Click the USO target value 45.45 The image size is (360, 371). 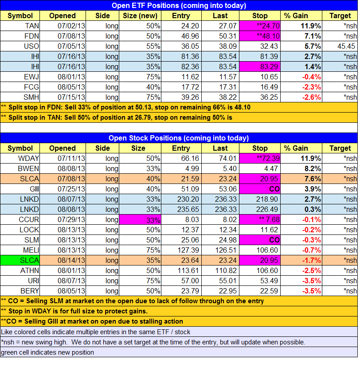pyautogui.click(x=346, y=46)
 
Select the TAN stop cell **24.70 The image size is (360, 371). pyautogui.click(x=260, y=26)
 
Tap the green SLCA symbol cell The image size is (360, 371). pyautogui.click(x=20, y=260)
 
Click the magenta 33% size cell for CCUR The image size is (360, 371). pyautogui.click(x=140, y=219)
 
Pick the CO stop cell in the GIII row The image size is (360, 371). pyautogui.click(x=260, y=189)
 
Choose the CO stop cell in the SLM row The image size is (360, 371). pyautogui.click(x=260, y=240)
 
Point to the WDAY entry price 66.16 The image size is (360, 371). pyautogui.click(x=190, y=158)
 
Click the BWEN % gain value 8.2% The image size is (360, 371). pyautogui.click(x=313, y=168)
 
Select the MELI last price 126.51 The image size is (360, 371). pyautogui.click(x=226, y=250)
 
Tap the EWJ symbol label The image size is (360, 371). pyautogui.click(x=31, y=77)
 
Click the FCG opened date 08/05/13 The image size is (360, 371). pyautogui.click(x=71, y=87)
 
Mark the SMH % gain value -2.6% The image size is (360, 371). pyautogui.click(x=312, y=97)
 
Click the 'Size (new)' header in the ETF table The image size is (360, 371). pyautogui.click(x=140, y=16)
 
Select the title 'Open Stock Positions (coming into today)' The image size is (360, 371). pyautogui.click(x=179, y=138)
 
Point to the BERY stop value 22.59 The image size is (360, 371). pyautogui.click(x=269, y=291)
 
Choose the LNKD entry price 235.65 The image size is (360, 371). pyautogui.click(x=188, y=209)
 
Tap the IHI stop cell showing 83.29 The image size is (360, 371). pyautogui.click(x=260, y=67)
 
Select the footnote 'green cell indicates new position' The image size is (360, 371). pyautogui.click(x=47, y=352)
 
